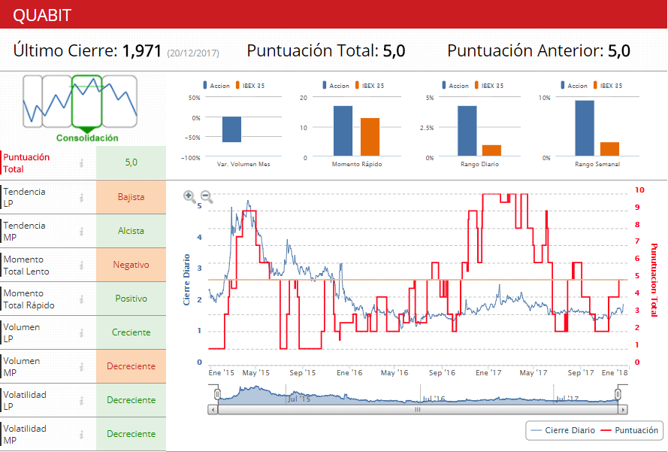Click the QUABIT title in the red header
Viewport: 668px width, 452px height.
coord(43,15)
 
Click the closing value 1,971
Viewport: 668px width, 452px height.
coord(142,51)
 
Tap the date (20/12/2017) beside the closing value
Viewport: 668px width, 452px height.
coord(192,53)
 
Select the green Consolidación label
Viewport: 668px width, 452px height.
coord(87,138)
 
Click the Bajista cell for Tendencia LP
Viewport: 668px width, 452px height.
coord(131,197)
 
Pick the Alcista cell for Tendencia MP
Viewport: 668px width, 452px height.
coord(131,231)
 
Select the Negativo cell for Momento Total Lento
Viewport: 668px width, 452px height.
coord(131,265)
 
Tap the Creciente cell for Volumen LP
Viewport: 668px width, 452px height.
coord(131,332)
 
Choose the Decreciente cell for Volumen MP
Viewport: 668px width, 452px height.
coord(131,366)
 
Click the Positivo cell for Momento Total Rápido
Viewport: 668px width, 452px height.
coord(131,299)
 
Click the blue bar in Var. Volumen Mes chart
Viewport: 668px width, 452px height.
coord(231,129)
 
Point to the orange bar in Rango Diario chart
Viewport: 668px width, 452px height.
coord(491,150)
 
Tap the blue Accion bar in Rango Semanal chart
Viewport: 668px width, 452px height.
coord(584,129)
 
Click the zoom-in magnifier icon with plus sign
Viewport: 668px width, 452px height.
coord(189,197)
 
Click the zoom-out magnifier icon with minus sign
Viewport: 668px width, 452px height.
coord(207,197)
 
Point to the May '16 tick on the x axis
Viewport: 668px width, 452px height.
coord(394,372)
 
